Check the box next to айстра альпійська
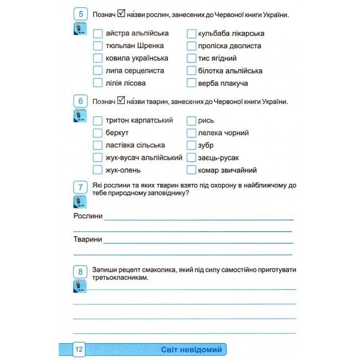(97, 33)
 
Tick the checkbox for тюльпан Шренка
(97, 46)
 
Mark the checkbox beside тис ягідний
(192, 58)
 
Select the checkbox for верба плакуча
(192, 83)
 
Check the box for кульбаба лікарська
(192, 33)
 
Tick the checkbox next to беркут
(97, 133)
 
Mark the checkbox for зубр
(192, 145)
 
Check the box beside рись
(192, 120)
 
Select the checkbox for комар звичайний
(192, 170)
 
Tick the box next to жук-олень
(97, 170)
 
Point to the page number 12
(79, 349)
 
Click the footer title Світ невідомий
(191, 349)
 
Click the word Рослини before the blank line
(88, 215)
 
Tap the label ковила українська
(137, 58)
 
